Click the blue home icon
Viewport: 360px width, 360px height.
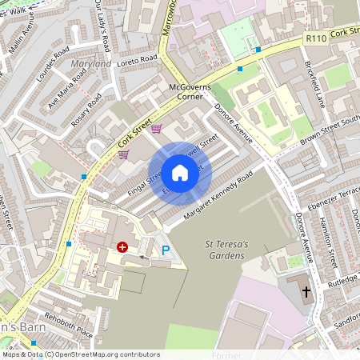tap(180, 172)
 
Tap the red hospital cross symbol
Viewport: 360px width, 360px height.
tap(122, 247)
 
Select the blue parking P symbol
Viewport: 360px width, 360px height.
tap(166, 251)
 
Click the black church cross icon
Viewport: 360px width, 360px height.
tap(306, 292)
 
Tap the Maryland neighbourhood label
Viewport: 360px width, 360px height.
tap(90, 63)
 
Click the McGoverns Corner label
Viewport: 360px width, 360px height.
tap(186, 90)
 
